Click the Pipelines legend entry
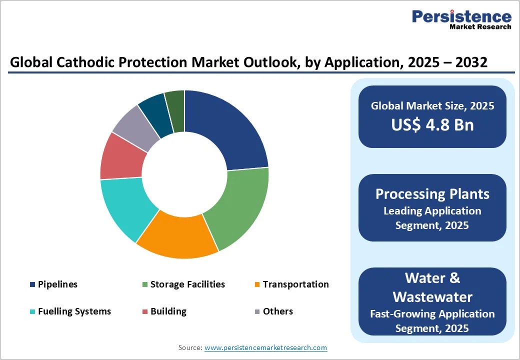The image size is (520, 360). click(x=57, y=284)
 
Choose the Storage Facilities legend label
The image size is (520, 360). click(x=187, y=284)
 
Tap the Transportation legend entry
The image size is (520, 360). click(x=295, y=284)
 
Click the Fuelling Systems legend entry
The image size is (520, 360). click(x=74, y=311)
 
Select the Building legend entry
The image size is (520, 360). click(x=168, y=311)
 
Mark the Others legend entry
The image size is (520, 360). click(x=277, y=311)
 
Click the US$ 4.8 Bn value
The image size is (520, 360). click(x=432, y=124)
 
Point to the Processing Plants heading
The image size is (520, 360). click(x=432, y=193)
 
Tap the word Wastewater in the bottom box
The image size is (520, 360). click(x=432, y=297)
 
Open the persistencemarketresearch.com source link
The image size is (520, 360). click(x=265, y=347)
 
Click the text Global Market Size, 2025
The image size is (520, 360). click(x=432, y=106)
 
